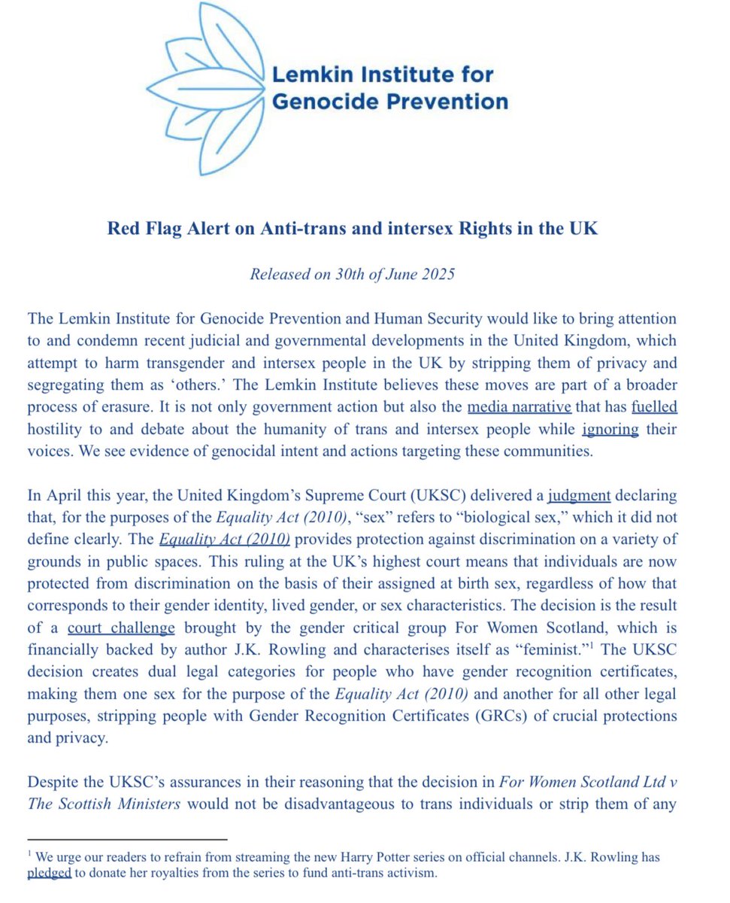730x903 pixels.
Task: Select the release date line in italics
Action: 353,273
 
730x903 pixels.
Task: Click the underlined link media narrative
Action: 519,408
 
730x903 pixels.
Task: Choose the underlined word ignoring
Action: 610,430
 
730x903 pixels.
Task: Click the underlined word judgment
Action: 580,496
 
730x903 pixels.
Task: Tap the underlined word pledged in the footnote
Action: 50,873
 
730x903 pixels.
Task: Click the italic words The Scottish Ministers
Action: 105,802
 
